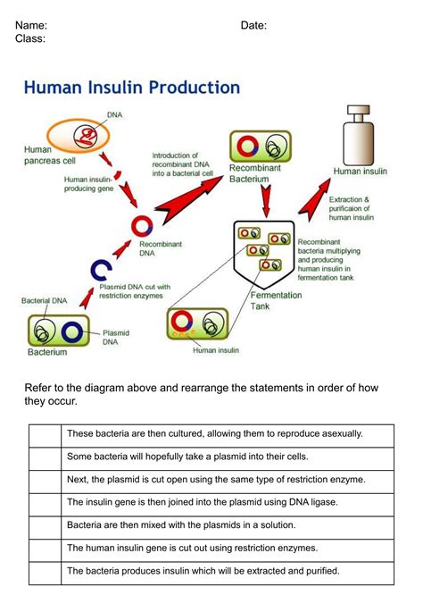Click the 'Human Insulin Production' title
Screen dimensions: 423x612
pyautogui.click(x=132, y=88)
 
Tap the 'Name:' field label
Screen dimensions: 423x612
pyautogui.click(x=31, y=25)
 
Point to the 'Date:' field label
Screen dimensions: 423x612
pyautogui.click(x=253, y=25)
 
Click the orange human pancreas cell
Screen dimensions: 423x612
pyautogui.click(x=78, y=136)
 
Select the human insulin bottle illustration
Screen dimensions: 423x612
pyautogui.click(x=358, y=135)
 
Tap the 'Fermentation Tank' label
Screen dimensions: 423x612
pyautogui.click(x=276, y=300)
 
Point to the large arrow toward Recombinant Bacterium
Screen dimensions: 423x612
pyautogui.click(x=190, y=199)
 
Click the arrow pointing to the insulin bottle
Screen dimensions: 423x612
pyautogui.click(x=314, y=200)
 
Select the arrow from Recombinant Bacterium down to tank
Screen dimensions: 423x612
pyautogui.click(x=266, y=201)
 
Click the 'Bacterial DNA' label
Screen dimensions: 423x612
pyautogui.click(x=44, y=300)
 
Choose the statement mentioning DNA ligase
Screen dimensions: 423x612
pyautogui.click(x=203, y=502)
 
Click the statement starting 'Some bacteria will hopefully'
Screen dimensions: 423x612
pyautogui.click(x=187, y=457)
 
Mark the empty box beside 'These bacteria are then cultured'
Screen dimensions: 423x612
pyautogui.click(x=45, y=436)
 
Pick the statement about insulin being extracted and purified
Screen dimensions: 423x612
pyautogui.click(x=203, y=571)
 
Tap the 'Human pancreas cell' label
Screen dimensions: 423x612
pyautogui.click(x=49, y=155)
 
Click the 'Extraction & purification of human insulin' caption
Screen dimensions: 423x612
pyautogui.click(x=351, y=208)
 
